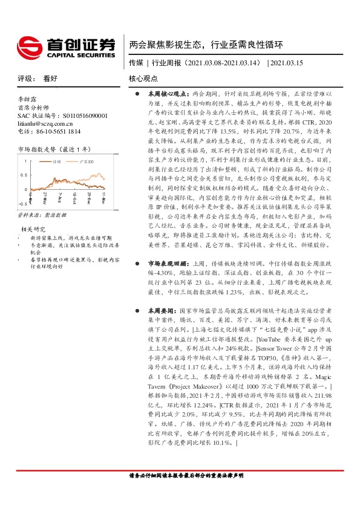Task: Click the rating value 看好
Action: (50, 79)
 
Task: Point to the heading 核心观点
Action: (144, 79)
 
